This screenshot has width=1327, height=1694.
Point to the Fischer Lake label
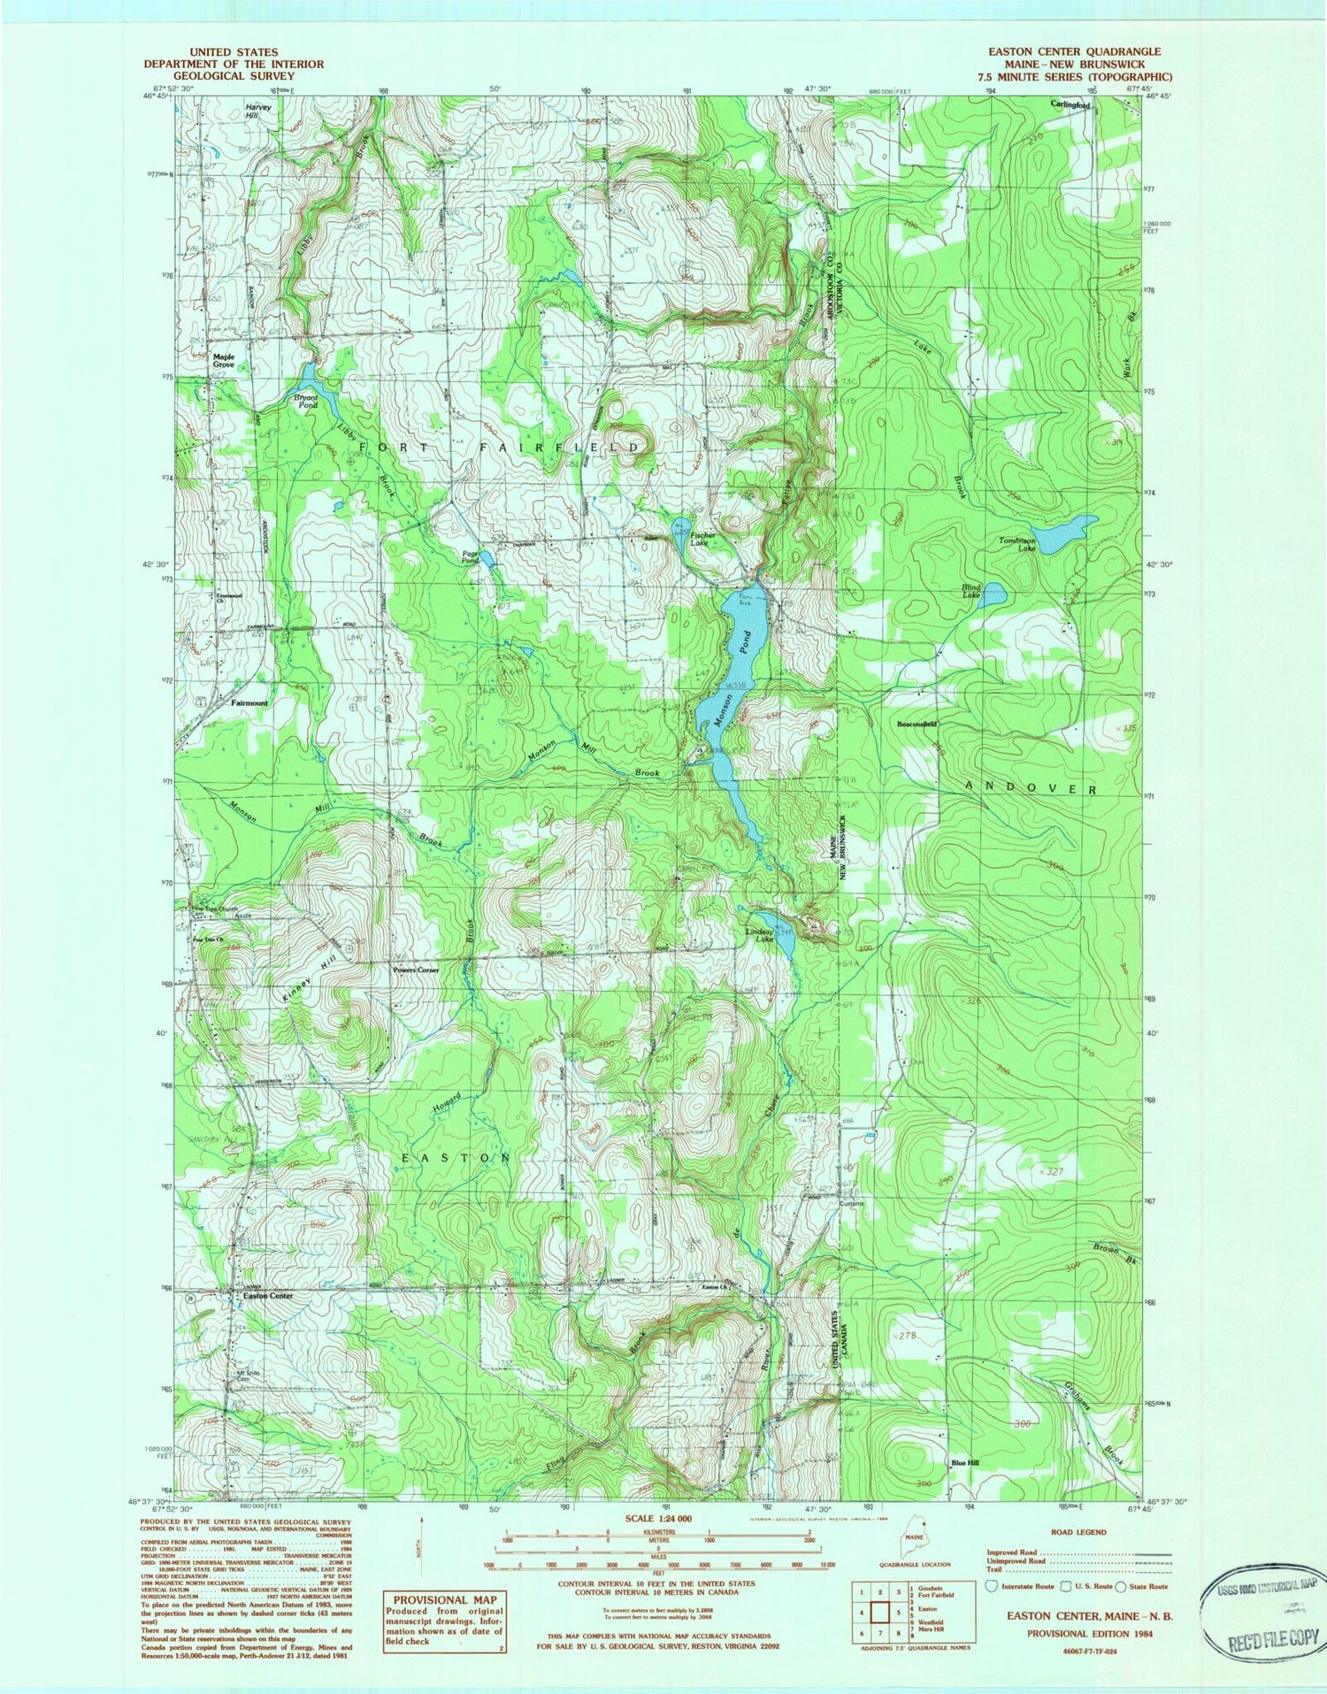coord(704,540)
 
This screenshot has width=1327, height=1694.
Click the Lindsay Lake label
coord(758,934)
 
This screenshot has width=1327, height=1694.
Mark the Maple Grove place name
coord(223,361)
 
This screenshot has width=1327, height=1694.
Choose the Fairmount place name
coord(249,703)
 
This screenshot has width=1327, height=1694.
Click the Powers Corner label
coord(416,970)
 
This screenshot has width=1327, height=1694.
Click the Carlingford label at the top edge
coord(1070,104)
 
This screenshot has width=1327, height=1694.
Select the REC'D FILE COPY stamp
coord(1272,1639)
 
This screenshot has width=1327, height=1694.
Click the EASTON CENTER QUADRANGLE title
coord(1074,51)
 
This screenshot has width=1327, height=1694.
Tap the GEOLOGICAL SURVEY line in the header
coord(234,76)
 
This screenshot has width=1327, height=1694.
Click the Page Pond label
coord(470,557)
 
